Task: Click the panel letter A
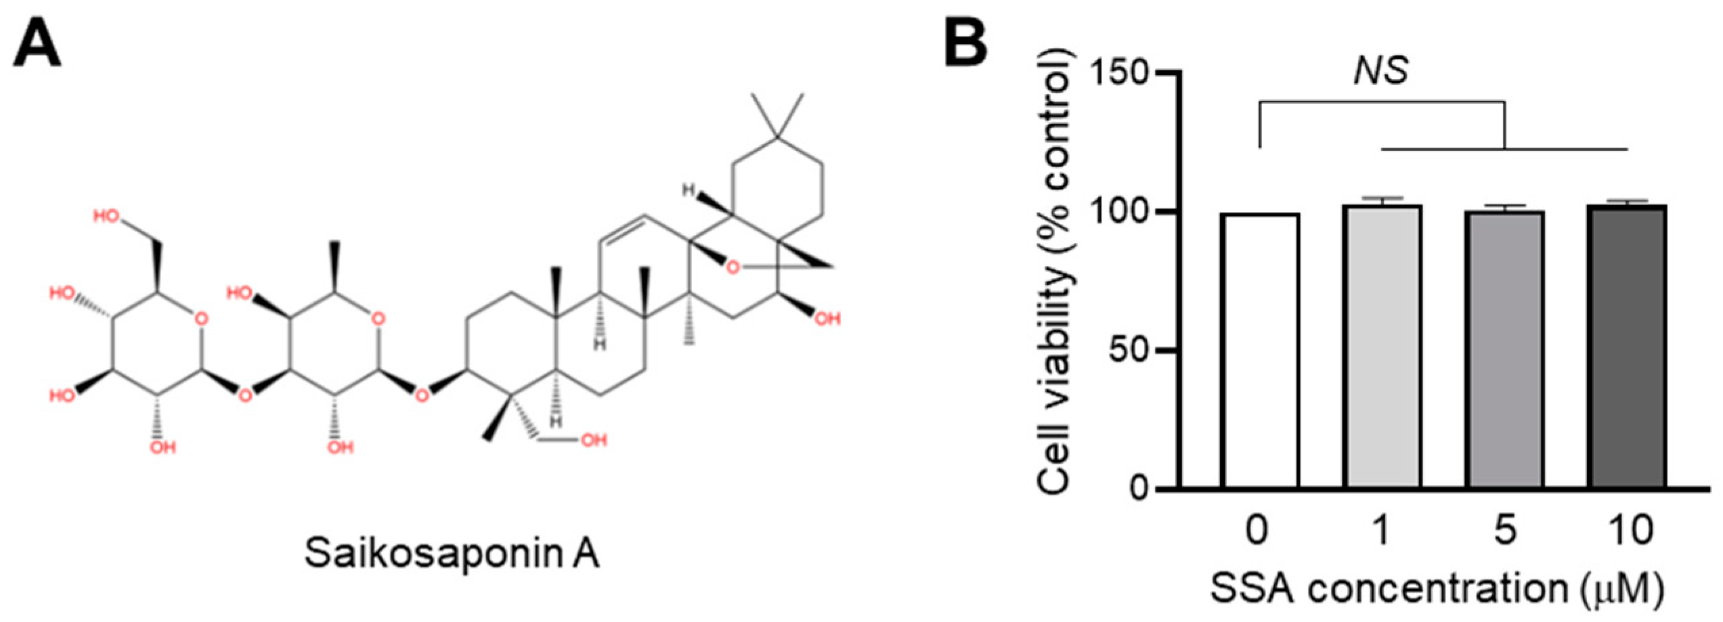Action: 37,43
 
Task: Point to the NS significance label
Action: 1381,70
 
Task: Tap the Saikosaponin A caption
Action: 452,553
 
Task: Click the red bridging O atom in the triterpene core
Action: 732,268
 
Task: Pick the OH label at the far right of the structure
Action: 827,318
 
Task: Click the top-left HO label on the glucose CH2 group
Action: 106,217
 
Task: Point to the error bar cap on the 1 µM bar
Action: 1382,198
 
